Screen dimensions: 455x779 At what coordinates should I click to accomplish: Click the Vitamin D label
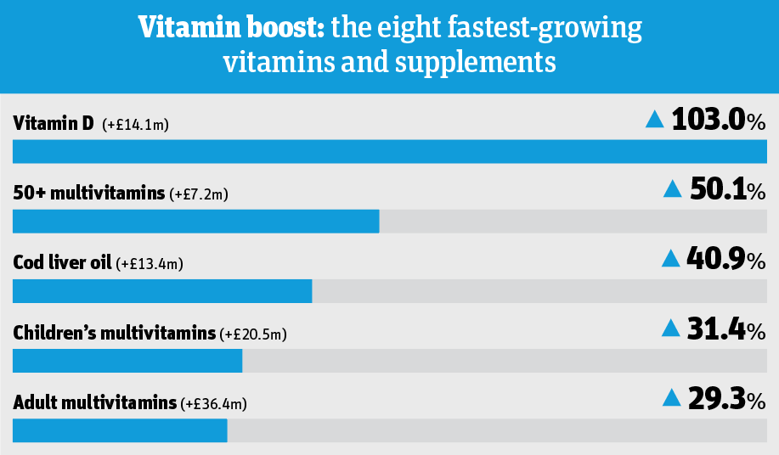54,124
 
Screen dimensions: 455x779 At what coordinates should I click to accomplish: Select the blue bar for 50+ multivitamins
196,221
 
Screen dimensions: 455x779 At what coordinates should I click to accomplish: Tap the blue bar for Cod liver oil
162,290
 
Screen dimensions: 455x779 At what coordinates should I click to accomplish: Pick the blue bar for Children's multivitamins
127,360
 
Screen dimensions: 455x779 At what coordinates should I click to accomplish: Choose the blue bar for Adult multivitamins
120,430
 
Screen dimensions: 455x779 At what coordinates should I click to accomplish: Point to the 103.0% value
719,120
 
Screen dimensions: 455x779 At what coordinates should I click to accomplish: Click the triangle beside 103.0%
654,120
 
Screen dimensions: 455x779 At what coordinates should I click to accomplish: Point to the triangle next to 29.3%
671,397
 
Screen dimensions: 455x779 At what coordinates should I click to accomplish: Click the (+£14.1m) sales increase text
136,126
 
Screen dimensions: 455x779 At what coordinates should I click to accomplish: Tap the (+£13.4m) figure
150,265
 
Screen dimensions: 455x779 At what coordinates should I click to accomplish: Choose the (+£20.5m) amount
254,334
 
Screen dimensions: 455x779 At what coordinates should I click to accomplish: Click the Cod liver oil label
62,263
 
